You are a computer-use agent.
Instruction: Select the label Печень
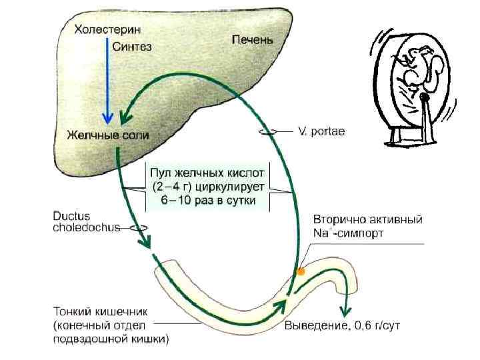(251, 40)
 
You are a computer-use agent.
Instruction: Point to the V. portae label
(321, 132)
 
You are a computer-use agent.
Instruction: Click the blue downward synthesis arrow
(106, 80)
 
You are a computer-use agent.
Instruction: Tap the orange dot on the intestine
(301, 272)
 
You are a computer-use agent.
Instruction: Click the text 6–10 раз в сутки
(208, 201)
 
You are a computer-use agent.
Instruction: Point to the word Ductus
(71, 217)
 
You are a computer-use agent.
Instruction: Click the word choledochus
(87, 227)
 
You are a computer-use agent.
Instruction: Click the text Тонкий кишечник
(100, 311)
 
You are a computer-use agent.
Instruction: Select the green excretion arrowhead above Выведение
(345, 310)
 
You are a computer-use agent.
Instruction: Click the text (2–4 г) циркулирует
(208, 186)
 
